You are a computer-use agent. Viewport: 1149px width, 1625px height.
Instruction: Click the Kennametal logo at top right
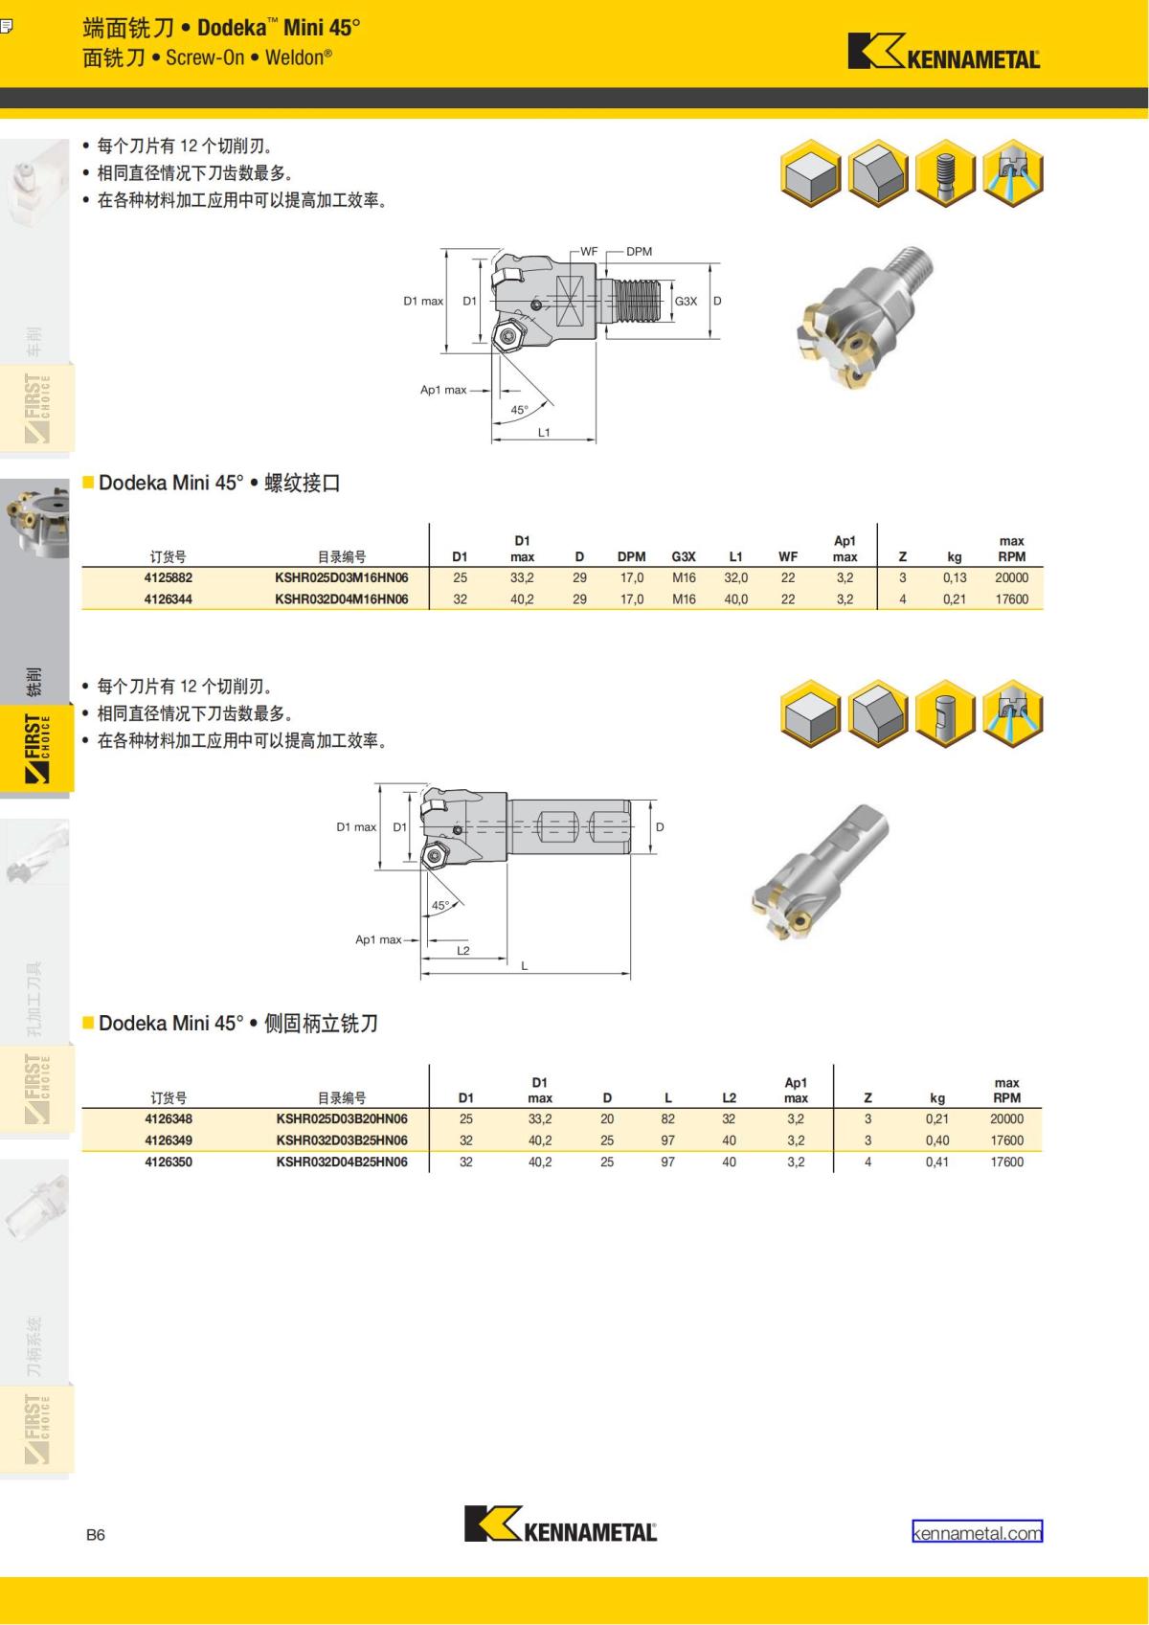(943, 52)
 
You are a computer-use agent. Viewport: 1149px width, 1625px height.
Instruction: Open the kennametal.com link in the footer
(977, 1532)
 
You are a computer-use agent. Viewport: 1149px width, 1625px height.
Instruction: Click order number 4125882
(169, 577)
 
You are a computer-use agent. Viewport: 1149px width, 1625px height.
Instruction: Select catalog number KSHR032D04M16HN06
(341, 599)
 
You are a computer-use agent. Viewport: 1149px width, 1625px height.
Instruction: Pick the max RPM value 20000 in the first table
(1011, 577)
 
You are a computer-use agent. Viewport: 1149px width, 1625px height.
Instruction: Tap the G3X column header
(684, 556)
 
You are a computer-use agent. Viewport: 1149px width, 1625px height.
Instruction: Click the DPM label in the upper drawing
(639, 252)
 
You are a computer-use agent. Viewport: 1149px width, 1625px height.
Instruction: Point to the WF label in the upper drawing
(588, 252)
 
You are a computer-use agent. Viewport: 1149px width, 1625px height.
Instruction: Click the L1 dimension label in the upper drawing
(544, 433)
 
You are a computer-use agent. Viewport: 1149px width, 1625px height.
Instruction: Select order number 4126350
(169, 1162)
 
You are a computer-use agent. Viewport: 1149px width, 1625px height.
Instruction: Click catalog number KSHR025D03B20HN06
(342, 1118)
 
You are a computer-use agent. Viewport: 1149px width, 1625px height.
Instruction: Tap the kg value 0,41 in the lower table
(936, 1162)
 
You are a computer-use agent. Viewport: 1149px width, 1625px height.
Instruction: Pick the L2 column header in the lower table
(729, 1098)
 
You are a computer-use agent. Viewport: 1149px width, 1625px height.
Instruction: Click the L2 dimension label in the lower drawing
(463, 951)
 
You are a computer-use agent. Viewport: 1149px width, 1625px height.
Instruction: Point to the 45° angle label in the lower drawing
(439, 905)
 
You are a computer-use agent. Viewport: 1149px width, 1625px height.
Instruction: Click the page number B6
(95, 1534)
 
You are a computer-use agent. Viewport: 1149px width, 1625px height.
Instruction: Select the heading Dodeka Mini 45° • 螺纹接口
(219, 484)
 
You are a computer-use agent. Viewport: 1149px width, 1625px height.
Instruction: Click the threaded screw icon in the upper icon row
(945, 175)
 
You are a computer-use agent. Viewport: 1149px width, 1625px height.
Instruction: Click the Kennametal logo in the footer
(561, 1523)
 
